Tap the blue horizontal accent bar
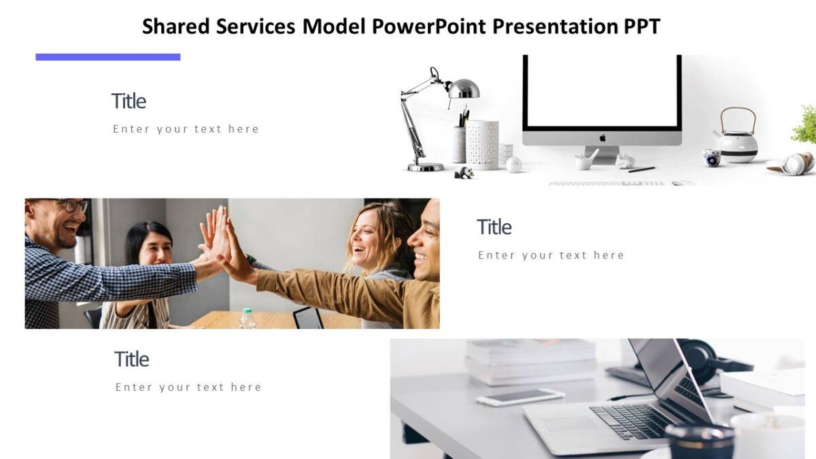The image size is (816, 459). [107, 57]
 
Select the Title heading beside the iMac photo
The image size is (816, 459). [129, 101]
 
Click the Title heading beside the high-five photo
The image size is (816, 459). [494, 227]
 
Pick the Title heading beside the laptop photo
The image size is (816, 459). [131, 359]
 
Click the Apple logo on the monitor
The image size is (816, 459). [602, 138]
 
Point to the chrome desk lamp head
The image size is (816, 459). [464, 88]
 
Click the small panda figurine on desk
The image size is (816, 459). [464, 173]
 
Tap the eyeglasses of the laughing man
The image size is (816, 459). [71, 205]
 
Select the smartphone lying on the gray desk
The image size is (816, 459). [520, 396]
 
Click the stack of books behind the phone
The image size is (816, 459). [530, 360]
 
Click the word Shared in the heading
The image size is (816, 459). [176, 27]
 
